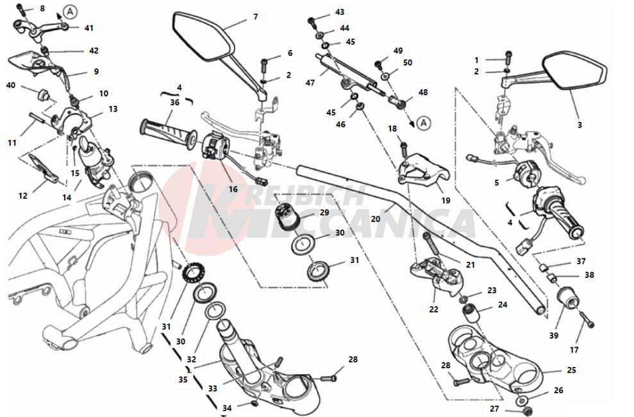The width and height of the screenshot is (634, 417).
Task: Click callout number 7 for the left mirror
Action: pyautogui.click(x=255, y=17)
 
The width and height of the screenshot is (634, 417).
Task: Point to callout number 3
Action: pyautogui.click(x=579, y=126)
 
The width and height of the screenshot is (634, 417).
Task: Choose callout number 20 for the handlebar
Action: pyautogui.click(x=376, y=219)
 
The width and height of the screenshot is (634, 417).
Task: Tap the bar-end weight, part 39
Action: pyautogui.click(x=567, y=302)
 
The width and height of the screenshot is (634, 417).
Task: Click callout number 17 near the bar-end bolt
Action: pyautogui.click(x=574, y=350)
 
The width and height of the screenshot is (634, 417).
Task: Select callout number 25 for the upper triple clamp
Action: pyautogui.click(x=571, y=370)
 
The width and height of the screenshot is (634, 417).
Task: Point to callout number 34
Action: pyautogui.click(x=226, y=408)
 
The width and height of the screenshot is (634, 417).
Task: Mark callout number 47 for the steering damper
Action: pyautogui.click(x=310, y=83)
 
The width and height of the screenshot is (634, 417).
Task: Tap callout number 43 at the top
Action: pyautogui.click(x=340, y=12)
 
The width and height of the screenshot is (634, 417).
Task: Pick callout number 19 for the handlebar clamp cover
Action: pyautogui.click(x=446, y=200)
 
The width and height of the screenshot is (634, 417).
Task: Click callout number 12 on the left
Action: pyautogui.click(x=22, y=196)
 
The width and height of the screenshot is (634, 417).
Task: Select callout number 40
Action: pyautogui.click(x=11, y=85)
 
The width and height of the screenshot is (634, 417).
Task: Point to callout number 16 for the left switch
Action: pyautogui.click(x=233, y=190)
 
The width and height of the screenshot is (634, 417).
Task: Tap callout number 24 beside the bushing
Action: pyautogui.click(x=502, y=305)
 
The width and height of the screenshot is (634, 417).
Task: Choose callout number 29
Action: pyautogui.click(x=324, y=212)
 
